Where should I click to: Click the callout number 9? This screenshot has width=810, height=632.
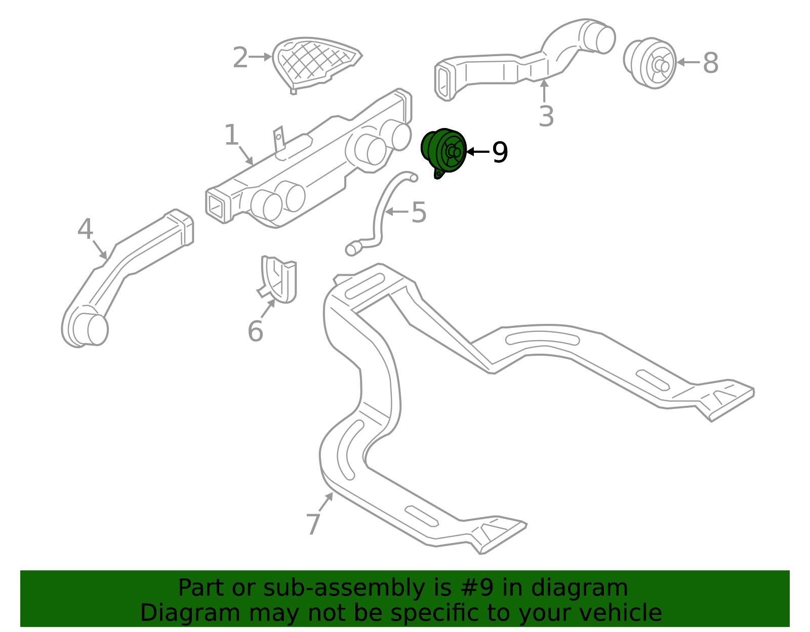pos(500,152)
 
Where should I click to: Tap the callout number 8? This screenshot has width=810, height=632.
pos(710,63)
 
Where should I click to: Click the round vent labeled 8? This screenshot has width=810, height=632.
pos(650,63)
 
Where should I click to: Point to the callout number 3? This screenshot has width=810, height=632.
pos(546,116)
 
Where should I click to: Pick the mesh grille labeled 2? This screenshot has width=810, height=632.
pos(317,66)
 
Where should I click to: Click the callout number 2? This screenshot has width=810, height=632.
pos(240,57)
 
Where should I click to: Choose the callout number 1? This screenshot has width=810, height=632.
pos(231,135)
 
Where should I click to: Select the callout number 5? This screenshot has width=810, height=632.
pos(419,213)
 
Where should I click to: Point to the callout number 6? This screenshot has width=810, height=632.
pos(255,331)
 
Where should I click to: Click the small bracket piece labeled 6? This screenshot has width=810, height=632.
pos(278,279)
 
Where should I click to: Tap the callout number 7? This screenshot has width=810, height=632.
pos(313,524)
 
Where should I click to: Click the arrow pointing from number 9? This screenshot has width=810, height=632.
pos(478,152)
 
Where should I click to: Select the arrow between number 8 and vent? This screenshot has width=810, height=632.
pos(688,62)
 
